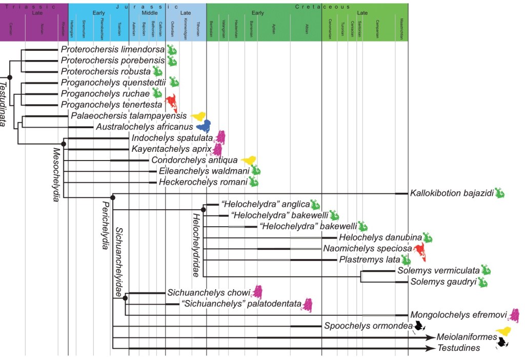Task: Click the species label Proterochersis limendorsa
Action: point(112,50)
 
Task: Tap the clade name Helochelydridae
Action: point(196,245)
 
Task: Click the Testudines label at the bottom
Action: point(459,348)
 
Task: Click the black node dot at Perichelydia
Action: point(113,197)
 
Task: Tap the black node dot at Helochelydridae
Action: point(204,209)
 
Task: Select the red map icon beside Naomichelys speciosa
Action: point(420,251)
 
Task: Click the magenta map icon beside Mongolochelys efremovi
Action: point(514,314)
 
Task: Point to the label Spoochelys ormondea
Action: point(368,326)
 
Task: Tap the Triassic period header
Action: point(34,7)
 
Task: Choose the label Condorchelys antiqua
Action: point(194,159)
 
